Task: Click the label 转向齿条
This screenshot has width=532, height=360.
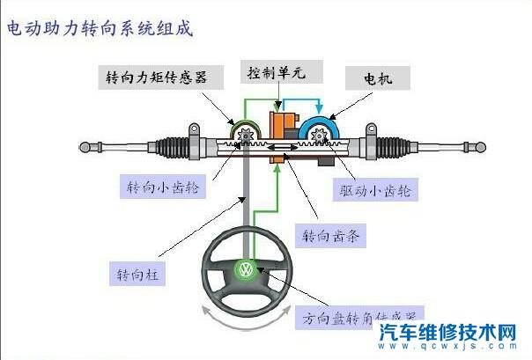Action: point(333,237)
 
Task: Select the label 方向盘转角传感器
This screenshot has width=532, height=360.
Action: point(359,315)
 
